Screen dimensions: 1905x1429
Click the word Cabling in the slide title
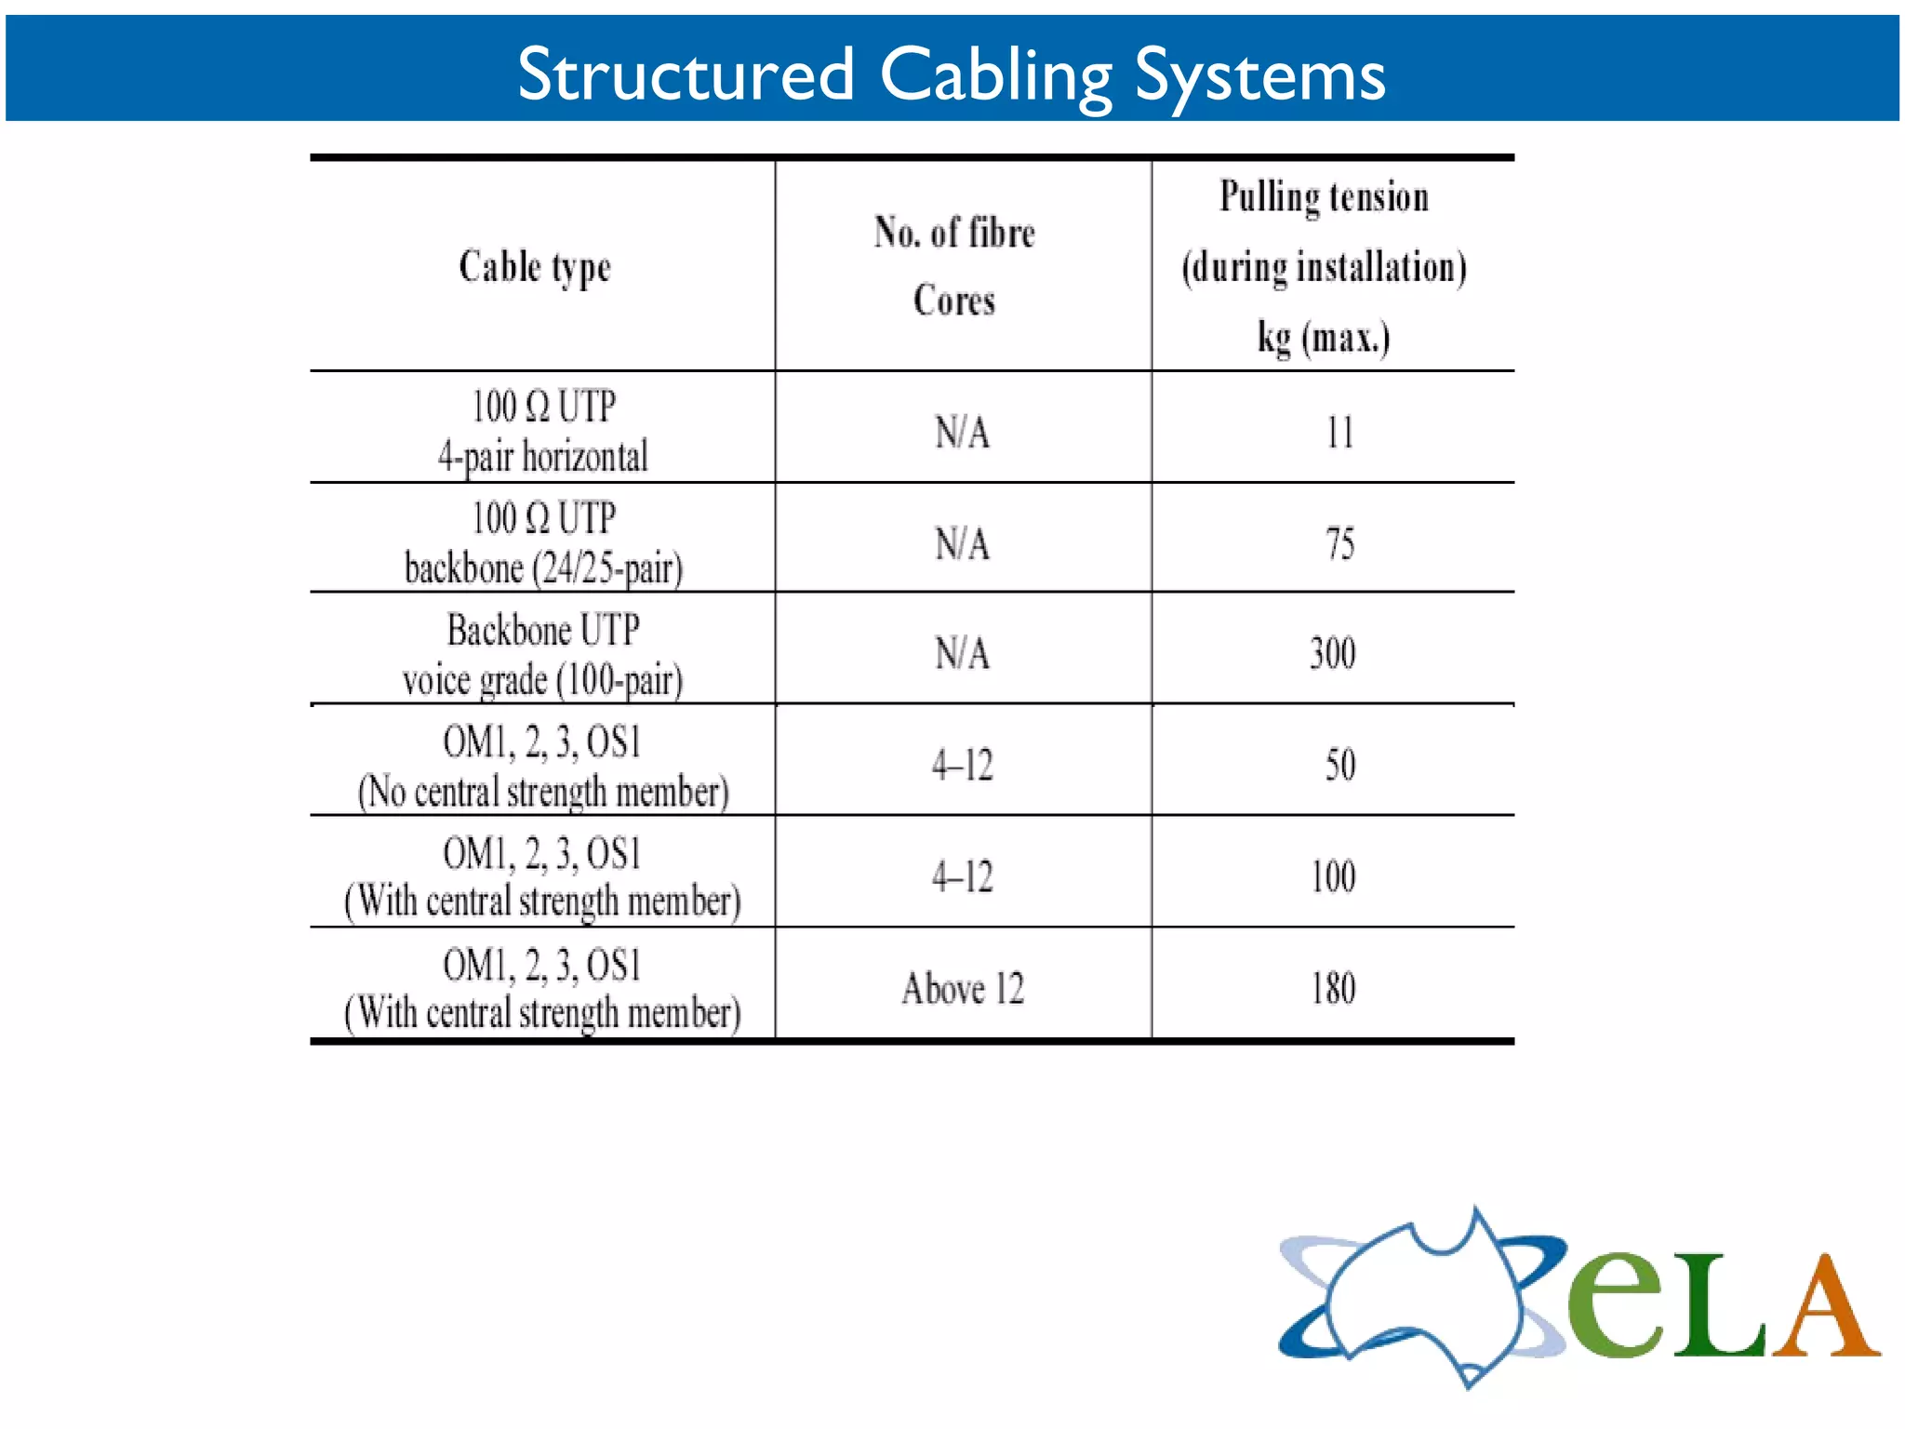[995, 74]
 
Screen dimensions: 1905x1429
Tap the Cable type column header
[535, 267]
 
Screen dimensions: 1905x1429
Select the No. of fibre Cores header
[954, 266]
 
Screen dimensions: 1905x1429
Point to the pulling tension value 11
[1339, 433]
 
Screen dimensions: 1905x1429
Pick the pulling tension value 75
[1339, 543]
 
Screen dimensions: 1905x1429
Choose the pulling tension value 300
[1333, 653]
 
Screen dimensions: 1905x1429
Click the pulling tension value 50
[1339, 765]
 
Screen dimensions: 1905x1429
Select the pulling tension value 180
[1333, 988]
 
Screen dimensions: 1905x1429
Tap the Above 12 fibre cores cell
[963, 988]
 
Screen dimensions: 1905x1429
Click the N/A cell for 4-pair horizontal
[963, 433]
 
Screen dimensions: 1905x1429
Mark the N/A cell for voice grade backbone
[963, 653]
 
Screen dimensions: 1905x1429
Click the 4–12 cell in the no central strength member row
[963, 765]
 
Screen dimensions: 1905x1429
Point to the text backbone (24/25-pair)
[543, 568]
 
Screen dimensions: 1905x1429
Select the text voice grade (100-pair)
[543, 680]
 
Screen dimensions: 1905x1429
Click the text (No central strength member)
[543, 792]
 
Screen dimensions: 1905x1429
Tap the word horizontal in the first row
[584, 457]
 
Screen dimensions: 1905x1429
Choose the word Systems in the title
[1259, 74]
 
